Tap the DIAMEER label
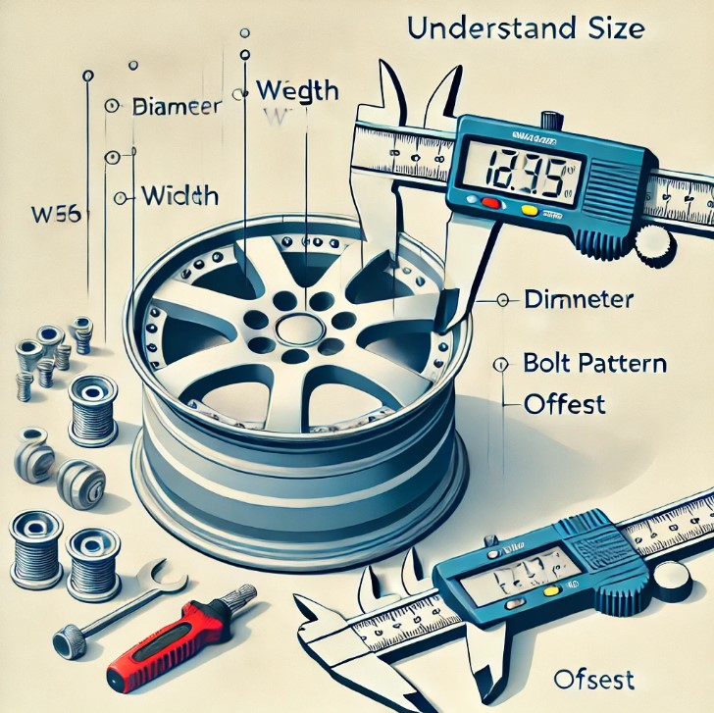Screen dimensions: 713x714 click(x=178, y=106)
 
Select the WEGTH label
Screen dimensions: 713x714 click(x=296, y=90)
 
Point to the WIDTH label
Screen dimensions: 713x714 click(x=178, y=195)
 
